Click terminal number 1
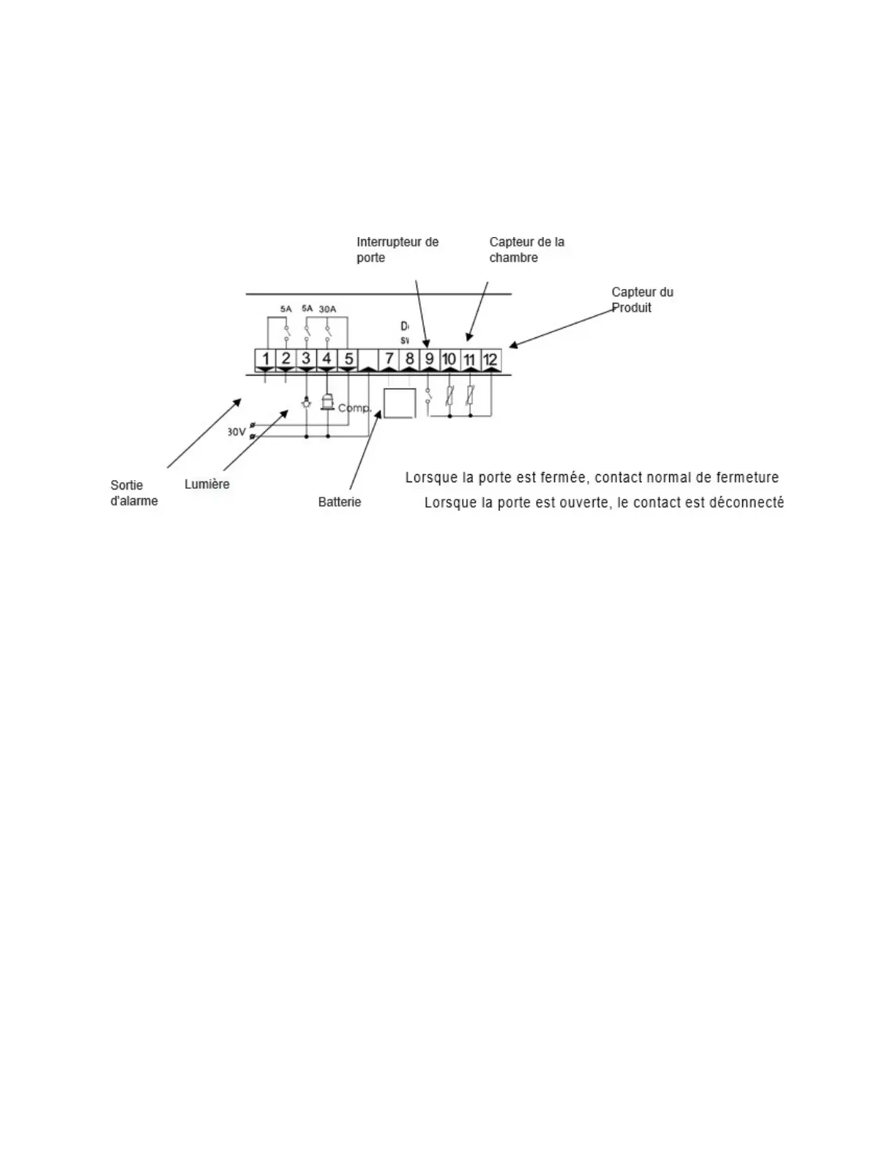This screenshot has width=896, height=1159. (266, 359)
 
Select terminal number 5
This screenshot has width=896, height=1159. (348, 359)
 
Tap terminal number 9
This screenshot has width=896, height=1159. (430, 359)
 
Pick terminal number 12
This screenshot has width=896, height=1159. (490, 359)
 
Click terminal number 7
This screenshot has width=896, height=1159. (389, 359)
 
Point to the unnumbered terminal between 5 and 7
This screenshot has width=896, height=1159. (369, 359)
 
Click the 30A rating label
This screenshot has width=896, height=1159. (327, 309)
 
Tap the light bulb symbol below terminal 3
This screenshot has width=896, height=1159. (307, 402)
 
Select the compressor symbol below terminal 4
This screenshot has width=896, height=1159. (327, 402)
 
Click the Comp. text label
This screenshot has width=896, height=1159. (355, 408)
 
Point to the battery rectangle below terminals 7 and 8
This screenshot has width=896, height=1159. (400, 402)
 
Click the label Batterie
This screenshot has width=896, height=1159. (340, 502)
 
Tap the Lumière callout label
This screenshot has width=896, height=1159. (207, 484)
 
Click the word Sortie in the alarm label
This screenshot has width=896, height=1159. (127, 485)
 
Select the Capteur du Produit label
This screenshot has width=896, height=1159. (642, 299)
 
